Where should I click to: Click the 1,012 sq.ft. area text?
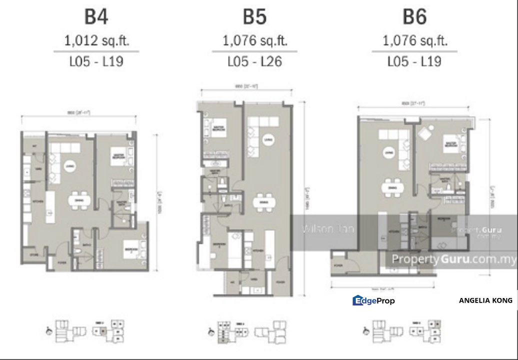click(x=96, y=41)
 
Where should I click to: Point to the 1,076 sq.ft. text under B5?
click(x=254, y=41)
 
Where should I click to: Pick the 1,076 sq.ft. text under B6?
click(x=414, y=41)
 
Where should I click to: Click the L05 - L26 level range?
click(x=254, y=62)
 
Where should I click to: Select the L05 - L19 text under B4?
click(x=96, y=62)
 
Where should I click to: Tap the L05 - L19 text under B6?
click(x=414, y=62)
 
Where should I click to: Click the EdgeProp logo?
click(x=373, y=300)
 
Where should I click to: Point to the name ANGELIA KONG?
click(x=485, y=300)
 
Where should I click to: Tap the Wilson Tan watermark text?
click(x=328, y=229)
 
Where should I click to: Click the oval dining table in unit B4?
click(x=79, y=200)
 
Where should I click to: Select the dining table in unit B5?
click(x=263, y=202)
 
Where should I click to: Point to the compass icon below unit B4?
click(x=48, y=330)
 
